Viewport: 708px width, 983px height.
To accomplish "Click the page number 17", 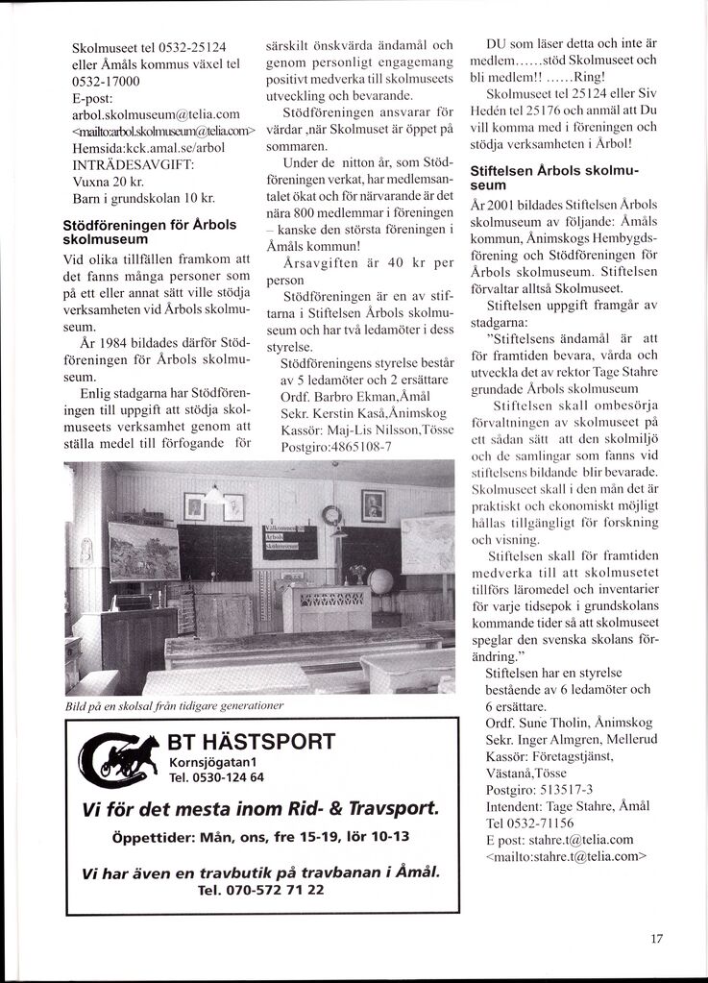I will click(x=656, y=939).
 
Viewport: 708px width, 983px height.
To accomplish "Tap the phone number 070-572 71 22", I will click(x=260, y=890).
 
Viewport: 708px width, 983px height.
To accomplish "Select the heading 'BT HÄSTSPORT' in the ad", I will click(x=251, y=742).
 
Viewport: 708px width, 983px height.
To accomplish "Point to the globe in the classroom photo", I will click(x=381, y=581).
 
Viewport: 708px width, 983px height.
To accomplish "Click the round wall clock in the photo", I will click(x=331, y=515).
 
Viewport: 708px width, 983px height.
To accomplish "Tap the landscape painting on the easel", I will click(x=143, y=553).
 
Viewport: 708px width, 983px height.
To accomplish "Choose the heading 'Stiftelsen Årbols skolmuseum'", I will click(x=552, y=177).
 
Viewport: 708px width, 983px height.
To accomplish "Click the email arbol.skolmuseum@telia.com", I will click(x=156, y=114).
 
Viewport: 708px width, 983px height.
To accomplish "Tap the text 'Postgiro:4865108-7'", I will click(x=336, y=446).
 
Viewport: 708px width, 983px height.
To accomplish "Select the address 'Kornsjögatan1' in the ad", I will click(x=217, y=762).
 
